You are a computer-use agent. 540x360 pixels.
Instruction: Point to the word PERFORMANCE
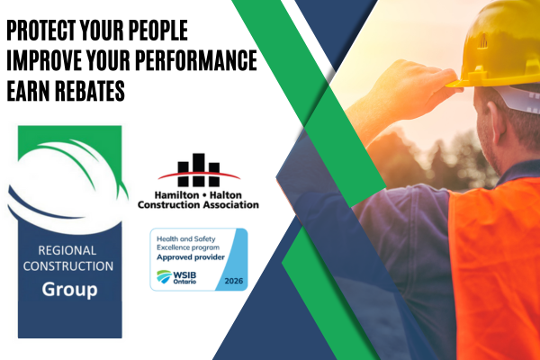click(x=196, y=60)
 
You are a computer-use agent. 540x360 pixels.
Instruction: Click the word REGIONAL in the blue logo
click(x=67, y=250)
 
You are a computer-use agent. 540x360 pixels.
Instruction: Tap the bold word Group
click(x=69, y=290)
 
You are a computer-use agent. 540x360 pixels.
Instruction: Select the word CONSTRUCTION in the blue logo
click(x=68, y=266)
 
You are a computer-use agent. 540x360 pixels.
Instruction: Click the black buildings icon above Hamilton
click(x=199, y=170)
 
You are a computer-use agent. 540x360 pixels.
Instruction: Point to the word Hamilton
click(x=176, y=195)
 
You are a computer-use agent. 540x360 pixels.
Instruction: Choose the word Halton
click(x=226, y=195)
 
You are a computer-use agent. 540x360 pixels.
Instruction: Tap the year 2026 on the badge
click(x=234, y=281)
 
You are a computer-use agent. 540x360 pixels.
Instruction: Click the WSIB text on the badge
click(x=184, y=275)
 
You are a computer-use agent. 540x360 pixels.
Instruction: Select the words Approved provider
click(x=191, y=257)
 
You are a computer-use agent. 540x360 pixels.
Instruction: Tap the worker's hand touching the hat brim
click(x=423, y=86)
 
